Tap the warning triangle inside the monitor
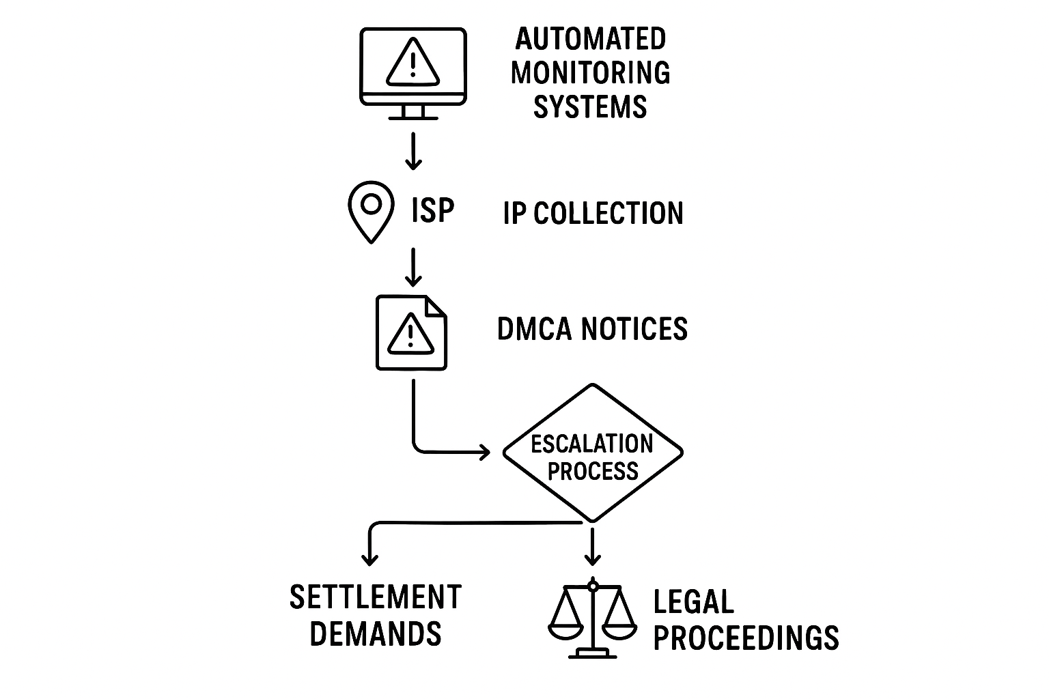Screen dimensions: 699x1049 coord(412,62)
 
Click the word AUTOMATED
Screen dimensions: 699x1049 coord(590,39)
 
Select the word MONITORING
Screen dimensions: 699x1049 coord(590,72)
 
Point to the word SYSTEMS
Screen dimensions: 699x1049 coord(590,107)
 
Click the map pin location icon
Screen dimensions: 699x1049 coord(371,209)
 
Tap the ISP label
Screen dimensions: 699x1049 coord(433,210)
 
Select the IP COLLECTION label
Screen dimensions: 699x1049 coord(593,214)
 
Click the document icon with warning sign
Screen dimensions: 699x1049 coord(411,332)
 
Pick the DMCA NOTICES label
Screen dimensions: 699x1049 coord(591,329)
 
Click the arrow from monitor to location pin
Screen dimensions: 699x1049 coord(412,151)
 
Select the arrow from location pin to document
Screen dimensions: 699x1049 coord(412,268)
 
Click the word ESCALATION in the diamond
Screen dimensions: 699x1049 coord(591,444)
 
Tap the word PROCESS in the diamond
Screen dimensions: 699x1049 coord(593,471)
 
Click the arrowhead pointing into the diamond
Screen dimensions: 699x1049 coord(486,451)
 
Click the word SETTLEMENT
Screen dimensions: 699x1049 coord(376,598)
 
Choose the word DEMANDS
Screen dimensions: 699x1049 coord(376,633)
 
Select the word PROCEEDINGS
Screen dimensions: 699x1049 coord(746,638)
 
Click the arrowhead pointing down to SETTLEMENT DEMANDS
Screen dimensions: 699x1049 coord(369,560)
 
